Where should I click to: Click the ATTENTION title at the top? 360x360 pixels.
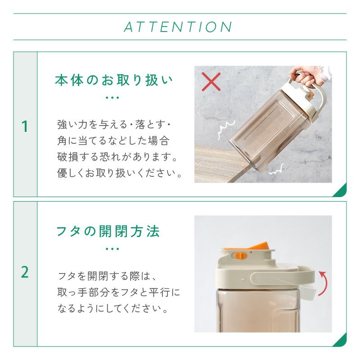(178, 27)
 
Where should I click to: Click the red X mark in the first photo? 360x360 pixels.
(211, 82)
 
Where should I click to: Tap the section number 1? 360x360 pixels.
(25, 126)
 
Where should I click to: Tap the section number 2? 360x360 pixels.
(25, 272)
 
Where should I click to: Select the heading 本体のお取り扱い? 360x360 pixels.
(114, 81)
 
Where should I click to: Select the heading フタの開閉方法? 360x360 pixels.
(108, 231)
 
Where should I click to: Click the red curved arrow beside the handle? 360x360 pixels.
(323, 283)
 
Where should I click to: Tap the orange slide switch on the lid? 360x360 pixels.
(239, 256)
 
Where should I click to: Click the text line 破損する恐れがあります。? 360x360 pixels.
(117, 157)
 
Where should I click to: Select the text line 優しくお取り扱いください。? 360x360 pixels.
(119, 173)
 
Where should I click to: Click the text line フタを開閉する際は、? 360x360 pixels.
(107, 276)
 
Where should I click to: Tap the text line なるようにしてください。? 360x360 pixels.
(112, 308)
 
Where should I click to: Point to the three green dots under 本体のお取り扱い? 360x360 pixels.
(112, 98)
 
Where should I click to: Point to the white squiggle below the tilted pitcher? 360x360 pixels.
(277, 170)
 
